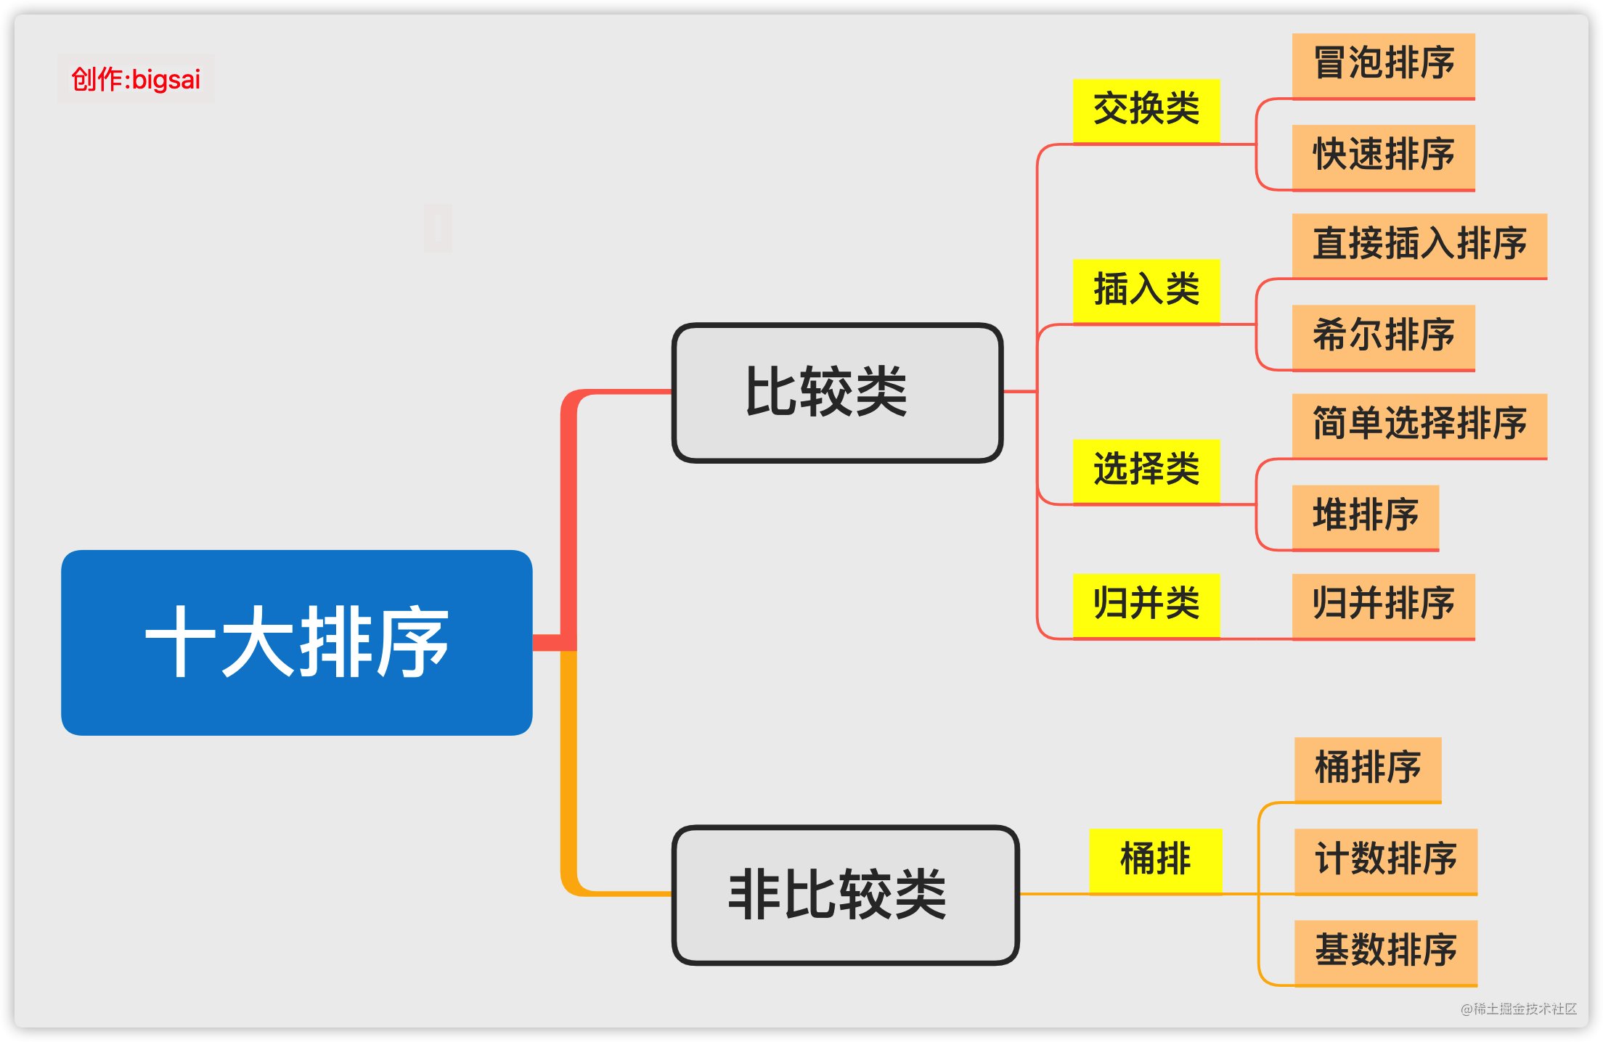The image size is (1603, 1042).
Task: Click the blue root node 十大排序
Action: click(297, 642)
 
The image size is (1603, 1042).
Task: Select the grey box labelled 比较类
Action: click(837, 393)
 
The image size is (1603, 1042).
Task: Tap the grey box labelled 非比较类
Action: click(846, 895)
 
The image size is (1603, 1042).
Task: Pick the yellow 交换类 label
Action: click(1146, 110)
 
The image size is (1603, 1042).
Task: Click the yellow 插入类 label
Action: click(1146, 290)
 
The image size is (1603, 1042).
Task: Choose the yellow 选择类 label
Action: click(1146, 470)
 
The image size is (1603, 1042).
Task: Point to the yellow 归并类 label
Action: click(1146, 605)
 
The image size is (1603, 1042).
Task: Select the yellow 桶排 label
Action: click(1155, 860)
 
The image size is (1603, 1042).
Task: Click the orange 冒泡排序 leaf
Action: click(1383, 65)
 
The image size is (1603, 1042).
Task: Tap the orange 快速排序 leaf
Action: click(1383, 156)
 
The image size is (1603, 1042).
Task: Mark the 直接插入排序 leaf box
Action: click(1419, 245)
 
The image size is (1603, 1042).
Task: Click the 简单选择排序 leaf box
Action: click(1419, 425)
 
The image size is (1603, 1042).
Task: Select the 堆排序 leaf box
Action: click(1365, 517)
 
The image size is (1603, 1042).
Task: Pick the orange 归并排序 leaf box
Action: click(1383, 605)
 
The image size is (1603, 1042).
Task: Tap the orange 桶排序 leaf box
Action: click(1368, 769)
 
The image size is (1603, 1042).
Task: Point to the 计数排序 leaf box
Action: click(1386, 861)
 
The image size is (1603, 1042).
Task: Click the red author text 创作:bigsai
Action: click(136, 79)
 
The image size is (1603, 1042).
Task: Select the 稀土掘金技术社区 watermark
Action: click(1519, 1009)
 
